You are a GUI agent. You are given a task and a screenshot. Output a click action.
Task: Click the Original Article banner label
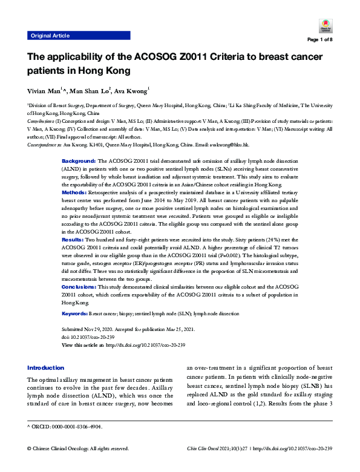[50, 36]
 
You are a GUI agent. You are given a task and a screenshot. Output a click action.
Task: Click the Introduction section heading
[46, 368]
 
